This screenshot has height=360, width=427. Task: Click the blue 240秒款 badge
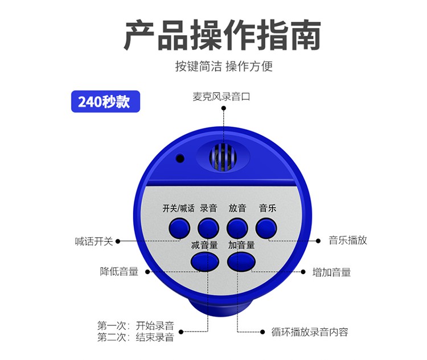pos(105,101)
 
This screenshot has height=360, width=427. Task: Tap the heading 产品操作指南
pos(222,35)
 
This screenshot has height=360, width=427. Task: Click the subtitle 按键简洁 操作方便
pos(224,66)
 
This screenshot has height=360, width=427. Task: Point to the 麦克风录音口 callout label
pos(221,97)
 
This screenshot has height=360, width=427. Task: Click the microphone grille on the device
pos(223,158)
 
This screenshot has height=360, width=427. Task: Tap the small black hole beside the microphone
pos(180,158)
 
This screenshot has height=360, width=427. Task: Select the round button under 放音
pos(237,228)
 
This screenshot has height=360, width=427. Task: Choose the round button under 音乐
pos(266,228)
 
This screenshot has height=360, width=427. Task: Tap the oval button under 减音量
pos(205,262)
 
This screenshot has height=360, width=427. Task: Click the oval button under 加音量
pos(241,262)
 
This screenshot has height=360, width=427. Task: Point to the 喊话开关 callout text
pos(94,241)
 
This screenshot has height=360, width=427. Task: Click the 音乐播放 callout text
pos(348,240)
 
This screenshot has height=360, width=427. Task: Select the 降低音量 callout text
pos(119,272)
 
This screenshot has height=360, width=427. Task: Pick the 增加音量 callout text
pos(331,272)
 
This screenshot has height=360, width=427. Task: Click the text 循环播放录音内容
pos(310,332)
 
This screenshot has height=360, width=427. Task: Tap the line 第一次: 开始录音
pos(136,325)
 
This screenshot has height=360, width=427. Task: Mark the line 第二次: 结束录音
pos(136,337)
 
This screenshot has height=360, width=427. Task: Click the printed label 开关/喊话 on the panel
pos(178,208)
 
